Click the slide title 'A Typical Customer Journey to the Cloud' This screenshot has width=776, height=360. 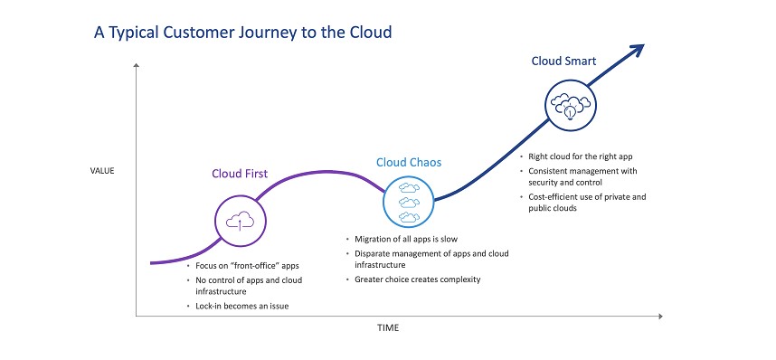243,33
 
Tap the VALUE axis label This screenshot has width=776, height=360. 102,171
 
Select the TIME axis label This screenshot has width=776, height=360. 388,327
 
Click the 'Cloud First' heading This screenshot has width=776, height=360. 240,174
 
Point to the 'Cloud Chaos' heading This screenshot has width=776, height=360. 409,163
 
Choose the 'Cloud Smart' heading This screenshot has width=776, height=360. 563,61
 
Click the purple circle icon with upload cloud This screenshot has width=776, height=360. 241,221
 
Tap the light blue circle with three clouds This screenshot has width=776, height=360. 409,202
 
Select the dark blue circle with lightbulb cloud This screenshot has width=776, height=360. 571,105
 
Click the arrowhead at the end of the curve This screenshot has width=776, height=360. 637,51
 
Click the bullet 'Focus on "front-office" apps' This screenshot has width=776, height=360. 242,265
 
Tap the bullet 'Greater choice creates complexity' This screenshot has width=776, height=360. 413,279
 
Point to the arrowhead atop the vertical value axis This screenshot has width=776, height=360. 136,65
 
